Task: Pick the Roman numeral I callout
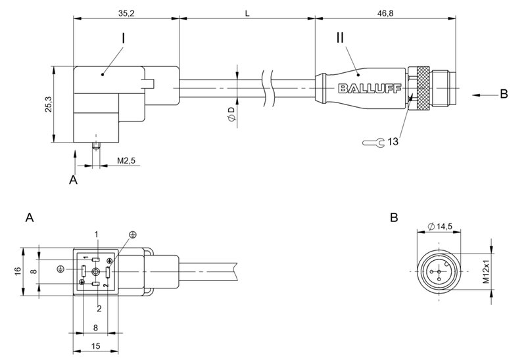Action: pos(124,39)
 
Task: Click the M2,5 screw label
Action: pos(126,160)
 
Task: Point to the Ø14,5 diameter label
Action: pos(440,227)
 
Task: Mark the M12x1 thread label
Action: pos(487,271)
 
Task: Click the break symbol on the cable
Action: pos(266,89)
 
